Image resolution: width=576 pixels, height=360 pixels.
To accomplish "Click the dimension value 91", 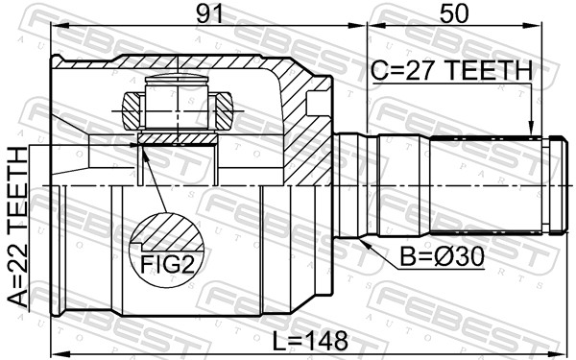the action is (208, 14).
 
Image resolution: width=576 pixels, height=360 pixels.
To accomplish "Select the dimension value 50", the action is (454, 14).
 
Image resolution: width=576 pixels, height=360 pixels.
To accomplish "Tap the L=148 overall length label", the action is (310, 341).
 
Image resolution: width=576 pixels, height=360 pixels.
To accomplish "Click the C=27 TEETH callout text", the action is (451, 70).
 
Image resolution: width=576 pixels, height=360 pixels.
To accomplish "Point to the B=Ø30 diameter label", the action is (442, 256).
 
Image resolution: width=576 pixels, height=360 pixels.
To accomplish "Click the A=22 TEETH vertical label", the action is (18, 227).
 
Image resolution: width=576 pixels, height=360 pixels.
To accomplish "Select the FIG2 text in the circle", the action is (167, 265).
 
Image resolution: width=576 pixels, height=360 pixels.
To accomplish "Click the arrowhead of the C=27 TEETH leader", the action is (530, 130).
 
